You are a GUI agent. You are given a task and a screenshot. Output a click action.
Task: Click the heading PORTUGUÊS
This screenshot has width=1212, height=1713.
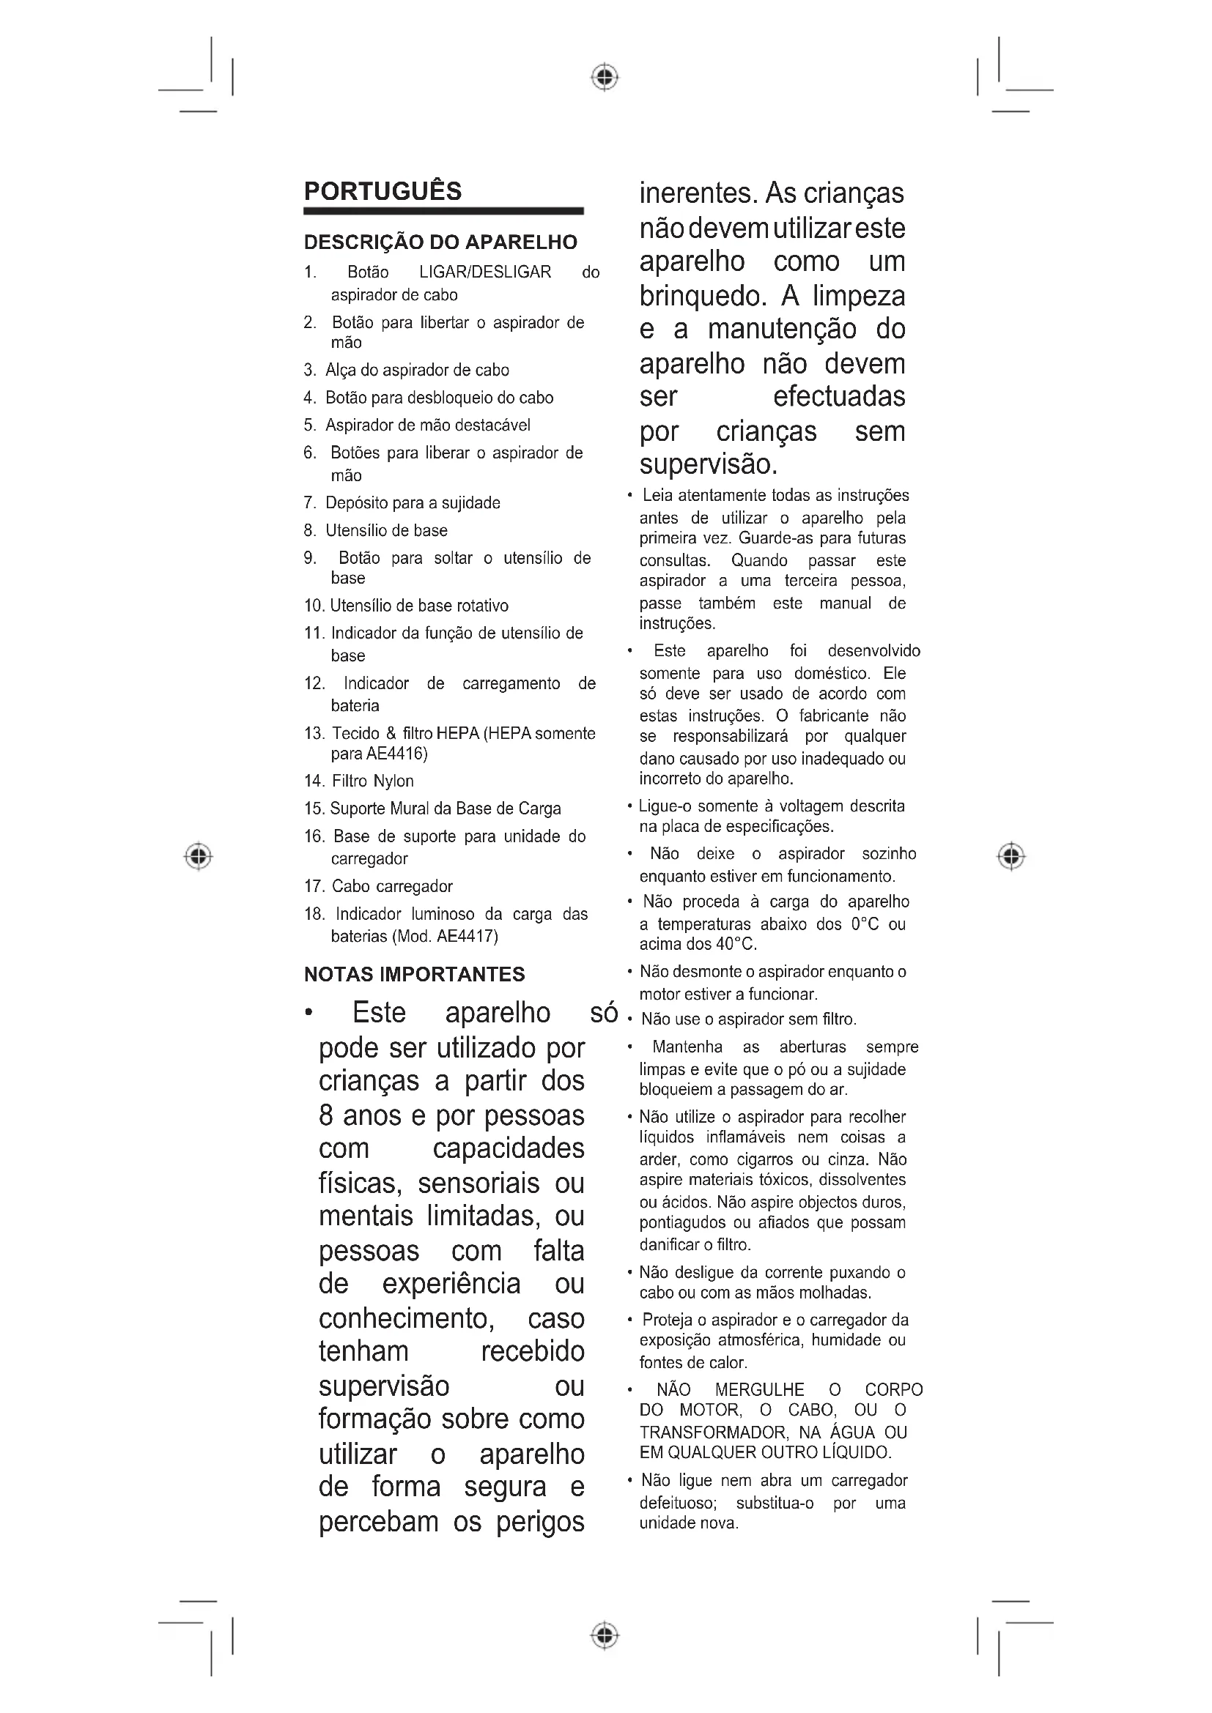click(382, 191)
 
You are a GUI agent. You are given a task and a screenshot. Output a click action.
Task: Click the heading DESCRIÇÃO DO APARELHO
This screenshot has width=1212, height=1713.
click(440, 242)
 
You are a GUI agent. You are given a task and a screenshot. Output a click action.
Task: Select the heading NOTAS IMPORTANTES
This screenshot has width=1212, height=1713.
click(414, 974)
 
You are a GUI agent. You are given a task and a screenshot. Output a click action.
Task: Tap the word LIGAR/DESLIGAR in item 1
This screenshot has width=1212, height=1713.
click(485, 272)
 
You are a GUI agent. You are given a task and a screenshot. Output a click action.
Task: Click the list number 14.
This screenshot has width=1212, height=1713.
click(313, 781)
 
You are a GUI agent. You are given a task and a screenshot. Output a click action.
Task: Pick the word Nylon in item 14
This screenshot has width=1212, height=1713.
click(393, 781)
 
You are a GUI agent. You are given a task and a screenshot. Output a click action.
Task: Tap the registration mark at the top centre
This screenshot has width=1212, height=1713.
click(605, 77)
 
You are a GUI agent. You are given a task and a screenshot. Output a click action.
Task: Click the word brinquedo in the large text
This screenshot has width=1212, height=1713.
click(702, 296)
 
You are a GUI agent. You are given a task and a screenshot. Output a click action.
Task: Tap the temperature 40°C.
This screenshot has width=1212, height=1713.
click(736, 945)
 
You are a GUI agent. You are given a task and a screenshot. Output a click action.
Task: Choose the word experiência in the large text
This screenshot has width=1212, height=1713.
click(451, 1284)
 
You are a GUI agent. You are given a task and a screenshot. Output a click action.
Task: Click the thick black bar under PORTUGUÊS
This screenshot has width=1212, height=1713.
click(443, 212)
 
